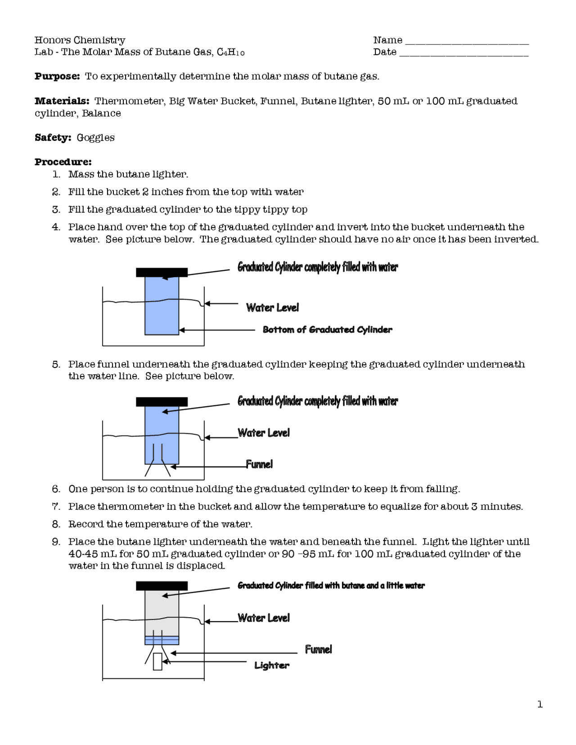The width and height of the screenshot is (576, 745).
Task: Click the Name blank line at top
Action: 467,43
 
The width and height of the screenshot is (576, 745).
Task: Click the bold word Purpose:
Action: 57,76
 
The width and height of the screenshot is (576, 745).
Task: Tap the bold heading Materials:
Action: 62,101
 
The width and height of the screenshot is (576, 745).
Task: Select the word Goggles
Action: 95,138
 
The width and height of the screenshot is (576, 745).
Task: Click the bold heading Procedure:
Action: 63,162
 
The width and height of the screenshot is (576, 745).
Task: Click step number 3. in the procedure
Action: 56,210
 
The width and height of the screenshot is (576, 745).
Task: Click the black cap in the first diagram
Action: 162,272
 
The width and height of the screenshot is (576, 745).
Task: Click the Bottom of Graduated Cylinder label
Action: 327,330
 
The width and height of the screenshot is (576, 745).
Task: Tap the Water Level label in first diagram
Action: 272,308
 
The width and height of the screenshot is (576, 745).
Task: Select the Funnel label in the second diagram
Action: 259,464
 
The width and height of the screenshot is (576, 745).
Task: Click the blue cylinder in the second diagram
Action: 162,427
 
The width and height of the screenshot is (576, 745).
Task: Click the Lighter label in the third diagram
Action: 271,665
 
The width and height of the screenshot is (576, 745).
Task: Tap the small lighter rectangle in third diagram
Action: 157,661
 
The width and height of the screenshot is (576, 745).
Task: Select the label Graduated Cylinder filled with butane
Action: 331,586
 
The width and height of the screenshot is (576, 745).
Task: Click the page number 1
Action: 540,705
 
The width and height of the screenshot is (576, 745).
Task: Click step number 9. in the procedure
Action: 56,542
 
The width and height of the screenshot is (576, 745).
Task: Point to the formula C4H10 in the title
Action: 230,52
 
